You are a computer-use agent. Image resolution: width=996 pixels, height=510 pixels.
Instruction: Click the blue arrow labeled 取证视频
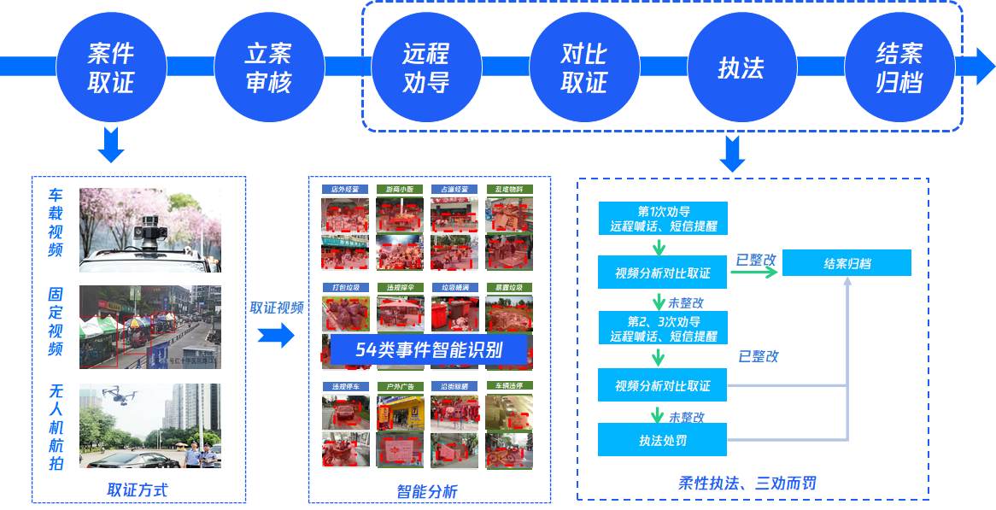click(276, 336)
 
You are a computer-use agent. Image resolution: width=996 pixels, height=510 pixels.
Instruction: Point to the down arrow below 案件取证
click(111, 145)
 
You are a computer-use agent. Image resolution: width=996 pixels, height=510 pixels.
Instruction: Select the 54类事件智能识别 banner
click(429, 350)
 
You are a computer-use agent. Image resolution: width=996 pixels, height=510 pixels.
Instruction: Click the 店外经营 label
click(345, 190)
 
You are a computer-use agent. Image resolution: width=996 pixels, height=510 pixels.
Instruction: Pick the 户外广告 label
click(400, 386)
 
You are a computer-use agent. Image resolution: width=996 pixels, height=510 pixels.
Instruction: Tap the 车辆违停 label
click(509, 386)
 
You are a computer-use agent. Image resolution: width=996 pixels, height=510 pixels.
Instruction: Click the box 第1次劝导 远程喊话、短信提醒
click(663, 219)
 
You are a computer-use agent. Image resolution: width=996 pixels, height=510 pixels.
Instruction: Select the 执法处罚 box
click(663, 441)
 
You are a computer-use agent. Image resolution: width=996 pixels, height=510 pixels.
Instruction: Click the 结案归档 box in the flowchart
click(847, 263)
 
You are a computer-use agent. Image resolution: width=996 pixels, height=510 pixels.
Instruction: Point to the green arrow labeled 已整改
click(756, 273)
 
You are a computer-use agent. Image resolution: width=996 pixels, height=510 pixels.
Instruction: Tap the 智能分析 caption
click(427, 491)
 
